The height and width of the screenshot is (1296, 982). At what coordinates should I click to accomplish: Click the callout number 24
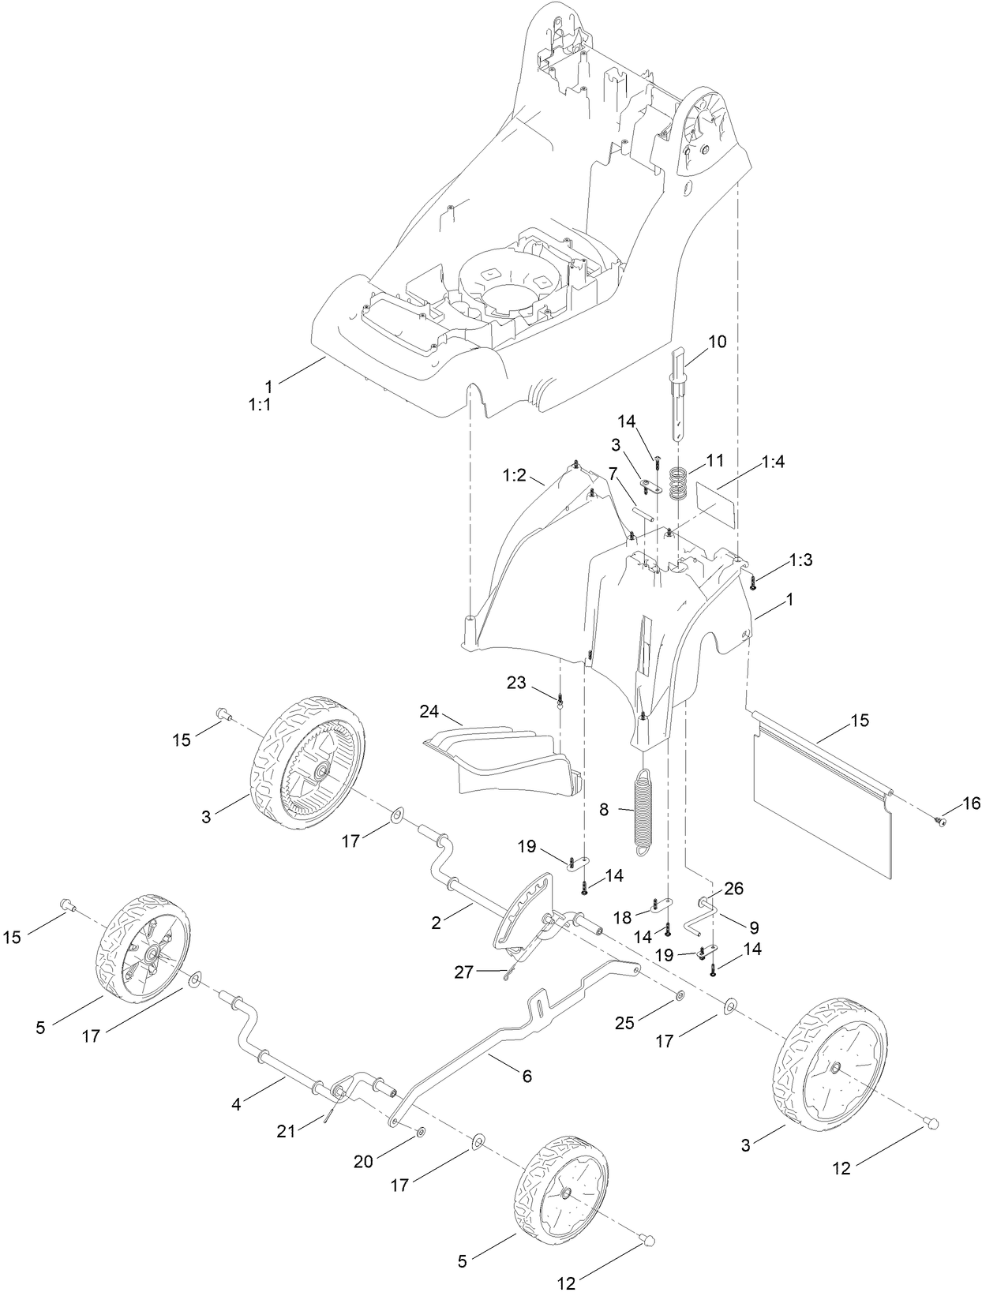[429, 712]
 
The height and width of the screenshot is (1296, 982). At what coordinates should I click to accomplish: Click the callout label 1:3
[800, 560]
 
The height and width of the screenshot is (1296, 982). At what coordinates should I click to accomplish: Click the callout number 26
[733, 889]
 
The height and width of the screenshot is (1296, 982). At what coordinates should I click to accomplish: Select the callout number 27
[463, 972]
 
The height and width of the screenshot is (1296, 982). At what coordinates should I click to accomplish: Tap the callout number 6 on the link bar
[527, 1076]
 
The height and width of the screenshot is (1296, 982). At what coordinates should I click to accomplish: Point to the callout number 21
[286, 1131]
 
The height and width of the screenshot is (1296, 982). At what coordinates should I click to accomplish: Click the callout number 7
[612, 495]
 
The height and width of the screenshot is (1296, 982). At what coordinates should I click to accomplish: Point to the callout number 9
[753, 925]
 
